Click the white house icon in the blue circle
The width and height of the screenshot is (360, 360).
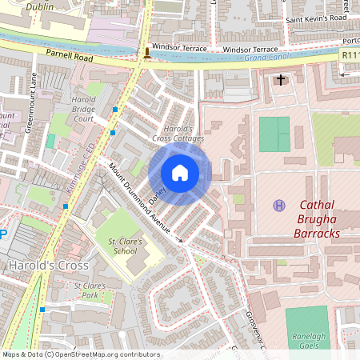tap(180, 173)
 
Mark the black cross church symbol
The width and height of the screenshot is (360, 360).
tap(281, 80)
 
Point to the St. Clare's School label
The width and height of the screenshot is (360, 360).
tap(129, 246)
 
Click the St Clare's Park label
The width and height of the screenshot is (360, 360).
tap(90, 290)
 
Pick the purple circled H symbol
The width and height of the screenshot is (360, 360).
tap(279, 206)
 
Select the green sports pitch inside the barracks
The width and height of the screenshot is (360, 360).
tap(274, 134)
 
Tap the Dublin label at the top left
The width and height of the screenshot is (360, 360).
tap(39, 6)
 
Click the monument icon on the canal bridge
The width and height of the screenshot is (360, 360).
tap(146, 54)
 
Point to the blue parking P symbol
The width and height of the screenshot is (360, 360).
tap(3, 234)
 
